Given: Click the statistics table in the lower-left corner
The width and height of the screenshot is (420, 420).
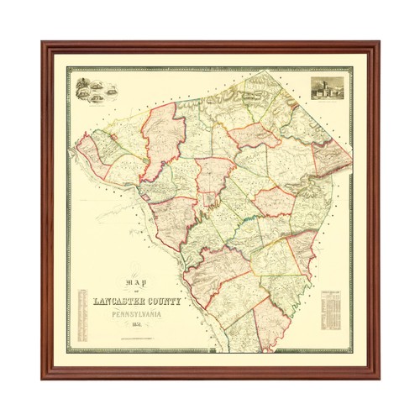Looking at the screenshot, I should tap(81, 315).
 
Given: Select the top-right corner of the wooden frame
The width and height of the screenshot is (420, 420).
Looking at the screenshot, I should tap(377, 43).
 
